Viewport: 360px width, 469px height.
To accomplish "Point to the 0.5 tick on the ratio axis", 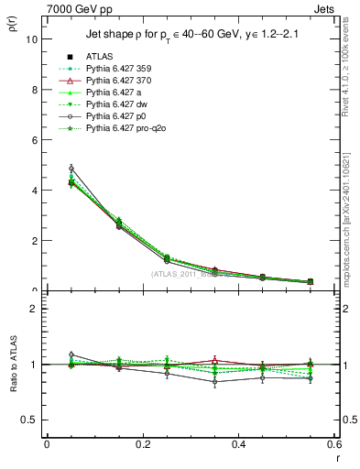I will [x=29, y=420].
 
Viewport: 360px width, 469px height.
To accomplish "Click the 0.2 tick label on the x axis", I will [x=142, y=444].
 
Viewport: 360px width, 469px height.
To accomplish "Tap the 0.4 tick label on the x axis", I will [x=239, y=444].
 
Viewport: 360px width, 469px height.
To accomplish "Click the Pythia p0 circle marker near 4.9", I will [x=71, y=169].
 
